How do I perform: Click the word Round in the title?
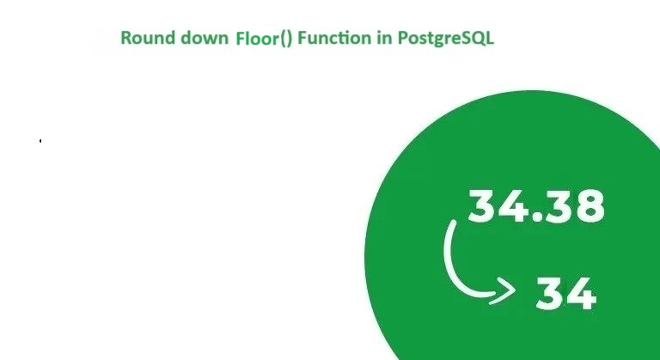tap(148, 38)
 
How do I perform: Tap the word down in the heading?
tap(205, 38)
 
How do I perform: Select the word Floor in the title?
tap(258, 39)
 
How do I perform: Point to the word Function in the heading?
tap(334, 38)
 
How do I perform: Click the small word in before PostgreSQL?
tap(385, 38)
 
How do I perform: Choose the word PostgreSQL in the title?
tap(446, 39)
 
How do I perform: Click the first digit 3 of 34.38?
tap(483, 205)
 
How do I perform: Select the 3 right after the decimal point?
tap(557, 205)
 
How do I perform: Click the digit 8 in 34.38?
tap(589, 205)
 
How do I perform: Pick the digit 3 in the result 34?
tap(550, 294)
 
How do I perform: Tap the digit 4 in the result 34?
tap(580, 294)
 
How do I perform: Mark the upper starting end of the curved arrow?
tap(454, 222)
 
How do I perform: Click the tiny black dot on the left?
tap(40, 141)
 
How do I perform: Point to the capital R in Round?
tap(125, 38)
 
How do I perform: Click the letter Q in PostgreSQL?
tap(477, 39)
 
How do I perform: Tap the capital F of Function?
tap(302, 38)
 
